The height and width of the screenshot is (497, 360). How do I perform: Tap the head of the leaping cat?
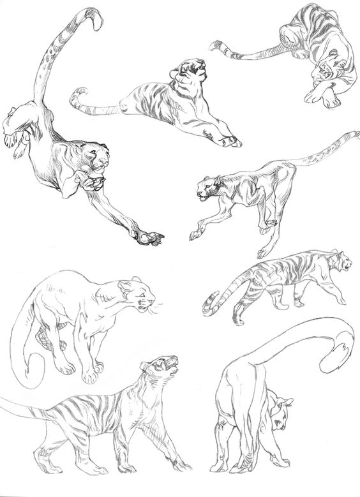pyautogui.click(x=98, y=157)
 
